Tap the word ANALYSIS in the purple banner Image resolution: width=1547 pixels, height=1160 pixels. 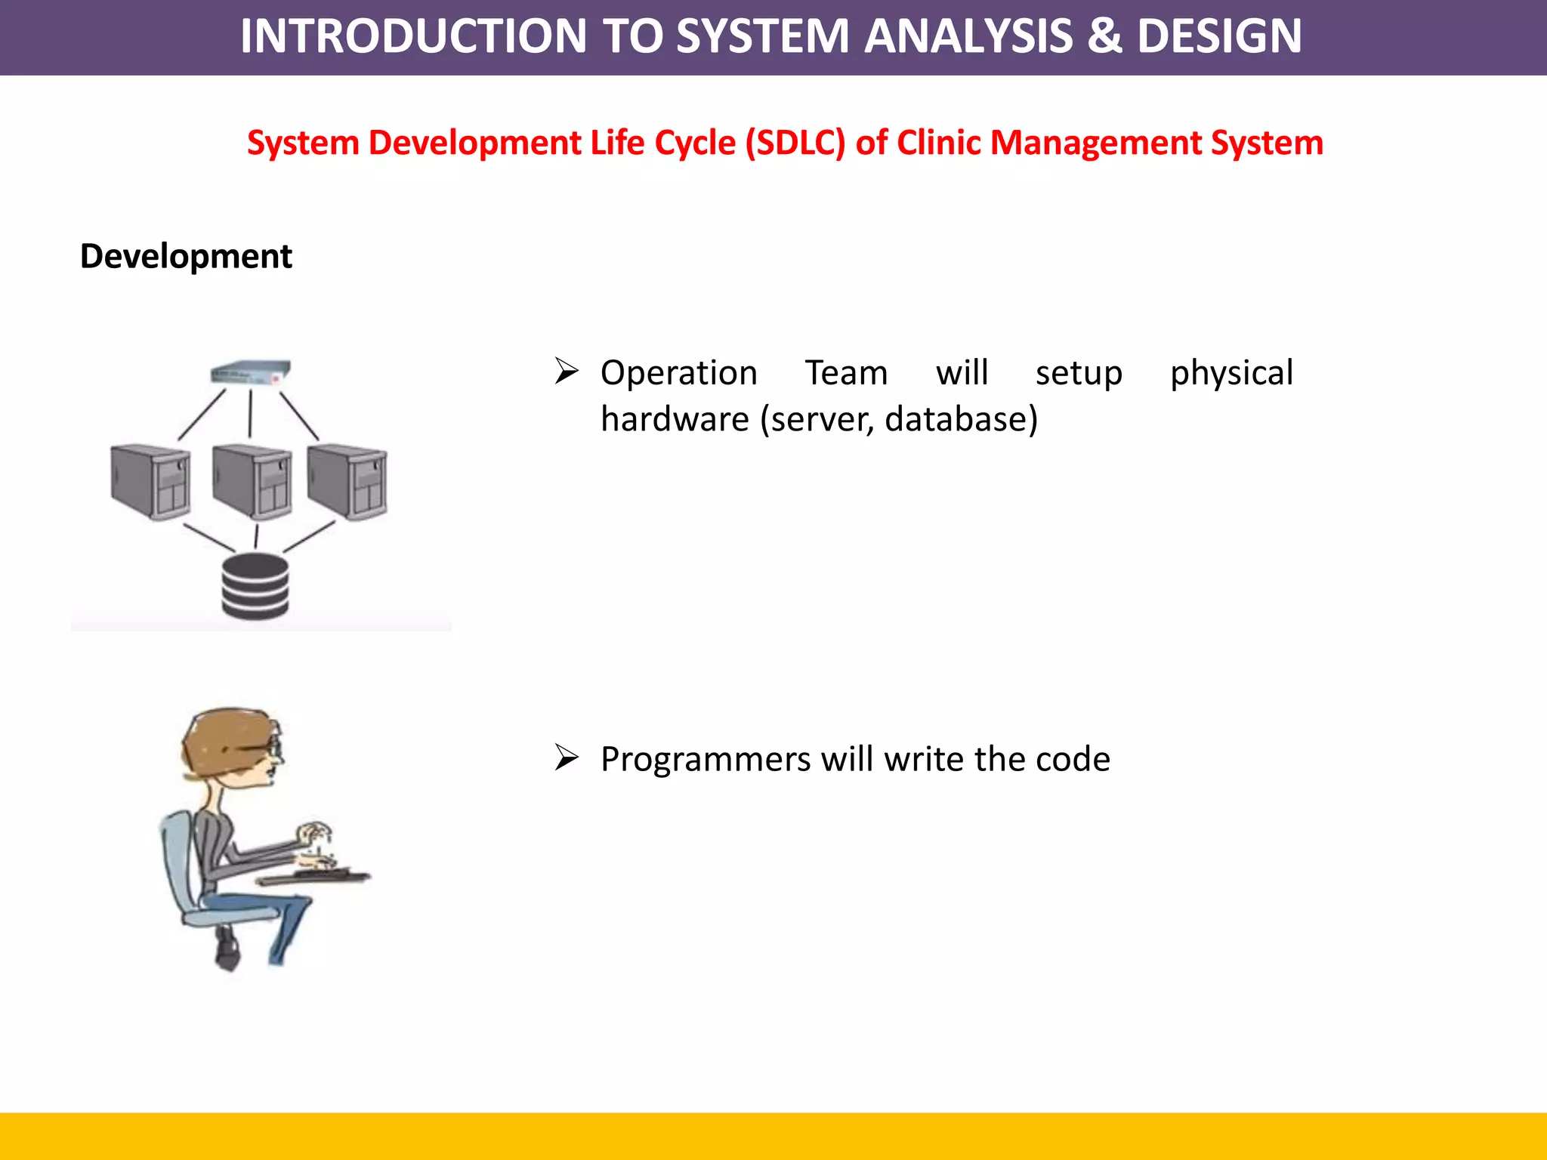tap(968, 35)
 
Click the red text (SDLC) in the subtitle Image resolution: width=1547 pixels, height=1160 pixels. tap(795, 143)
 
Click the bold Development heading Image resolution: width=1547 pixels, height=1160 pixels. tap(186, 256)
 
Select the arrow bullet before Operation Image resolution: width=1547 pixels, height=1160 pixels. tap(567, 371)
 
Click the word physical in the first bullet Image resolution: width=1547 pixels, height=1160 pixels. tap(1231, 373)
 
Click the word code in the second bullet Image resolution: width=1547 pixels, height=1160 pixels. tap(1073, 759)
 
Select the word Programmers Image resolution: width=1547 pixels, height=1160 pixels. tap(705, 760)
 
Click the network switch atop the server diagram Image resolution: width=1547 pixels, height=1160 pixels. tap(250, 372)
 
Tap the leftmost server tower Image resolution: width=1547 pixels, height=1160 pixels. tap(150, 481)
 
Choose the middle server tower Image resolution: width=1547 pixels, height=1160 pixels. tap(252, 481)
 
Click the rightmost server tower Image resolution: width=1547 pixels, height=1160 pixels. tap(347, 481)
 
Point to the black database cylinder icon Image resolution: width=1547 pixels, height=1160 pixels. tap(255, 587)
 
